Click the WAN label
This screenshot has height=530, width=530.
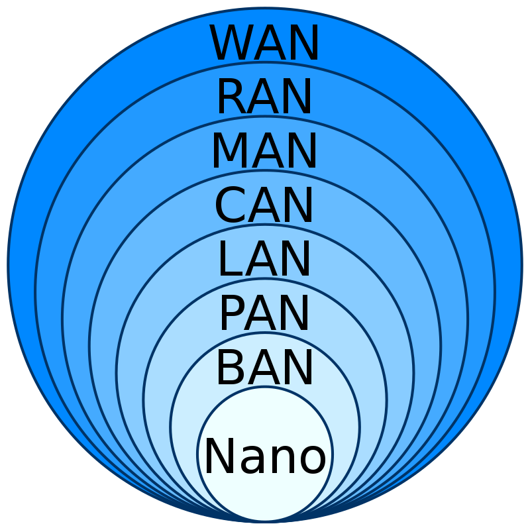(x=265, y=44)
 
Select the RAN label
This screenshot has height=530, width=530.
(x=265, y=97)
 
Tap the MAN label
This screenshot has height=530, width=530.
(x=265, y=151)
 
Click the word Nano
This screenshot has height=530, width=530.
(x=265, y=456)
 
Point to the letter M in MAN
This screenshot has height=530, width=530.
(x=229, y=151)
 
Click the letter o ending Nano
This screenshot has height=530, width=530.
(x=311, y=460)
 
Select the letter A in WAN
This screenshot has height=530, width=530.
(x=270, y=44)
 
